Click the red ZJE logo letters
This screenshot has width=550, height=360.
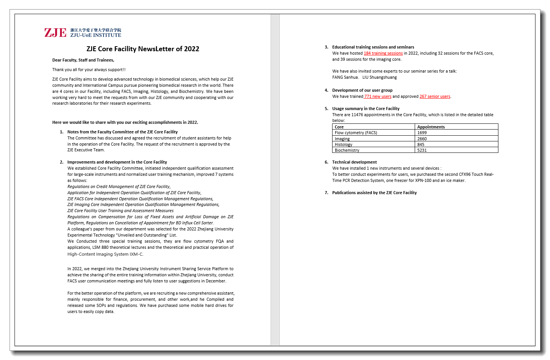(55, 33)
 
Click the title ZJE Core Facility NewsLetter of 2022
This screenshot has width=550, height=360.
(143, 49)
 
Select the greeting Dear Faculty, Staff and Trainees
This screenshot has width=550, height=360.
(83, 60)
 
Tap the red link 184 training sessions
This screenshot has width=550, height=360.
(383, 54)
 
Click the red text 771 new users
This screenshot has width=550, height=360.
(378, 97)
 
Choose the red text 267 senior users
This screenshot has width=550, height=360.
(435, 97)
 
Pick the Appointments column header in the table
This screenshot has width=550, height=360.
(431, 127)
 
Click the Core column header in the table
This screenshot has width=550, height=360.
(339, 127)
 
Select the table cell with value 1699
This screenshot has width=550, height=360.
(422, 133)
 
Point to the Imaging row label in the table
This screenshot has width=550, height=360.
(342, 139)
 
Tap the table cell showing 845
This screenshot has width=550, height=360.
(421, 144)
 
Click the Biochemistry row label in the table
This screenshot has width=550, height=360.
(347, 150)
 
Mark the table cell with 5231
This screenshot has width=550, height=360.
(422, 150)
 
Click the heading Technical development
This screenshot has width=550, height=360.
(354, 162)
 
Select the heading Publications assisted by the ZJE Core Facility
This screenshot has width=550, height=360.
(374, 193)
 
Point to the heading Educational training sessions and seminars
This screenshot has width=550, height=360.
(373, 47)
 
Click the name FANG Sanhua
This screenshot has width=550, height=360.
(345, 78)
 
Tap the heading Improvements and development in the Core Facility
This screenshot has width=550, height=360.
(117, 162)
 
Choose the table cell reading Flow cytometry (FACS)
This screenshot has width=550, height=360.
(356, 133)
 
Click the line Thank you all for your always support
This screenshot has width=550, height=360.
(89, 70)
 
